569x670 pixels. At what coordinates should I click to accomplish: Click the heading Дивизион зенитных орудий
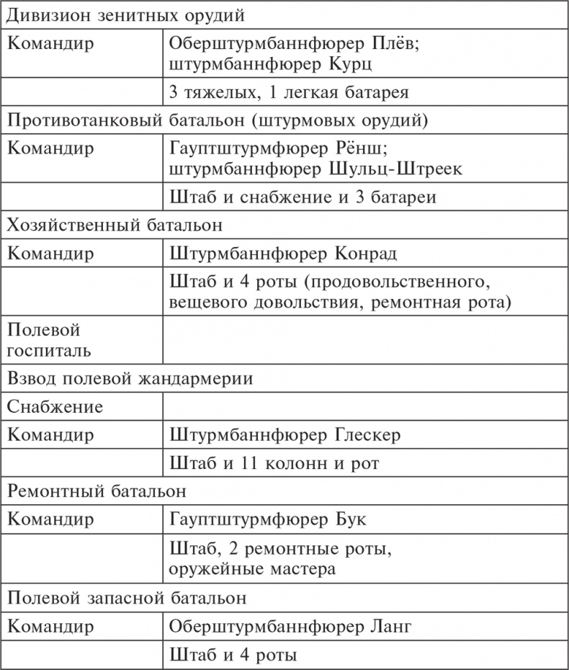pos(130,14)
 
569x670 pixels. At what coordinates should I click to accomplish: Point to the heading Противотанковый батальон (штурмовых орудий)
pos(217,120)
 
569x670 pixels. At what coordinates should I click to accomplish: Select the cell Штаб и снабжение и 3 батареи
pos(303,197)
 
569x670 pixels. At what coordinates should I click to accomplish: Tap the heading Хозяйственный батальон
pos(115,225)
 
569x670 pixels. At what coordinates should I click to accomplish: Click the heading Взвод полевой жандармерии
pos(130,378)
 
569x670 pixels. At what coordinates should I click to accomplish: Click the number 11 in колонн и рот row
pos(252,463)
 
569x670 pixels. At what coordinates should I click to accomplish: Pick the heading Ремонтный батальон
pos(98,492)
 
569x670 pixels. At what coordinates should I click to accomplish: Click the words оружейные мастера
pos(253,569)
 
